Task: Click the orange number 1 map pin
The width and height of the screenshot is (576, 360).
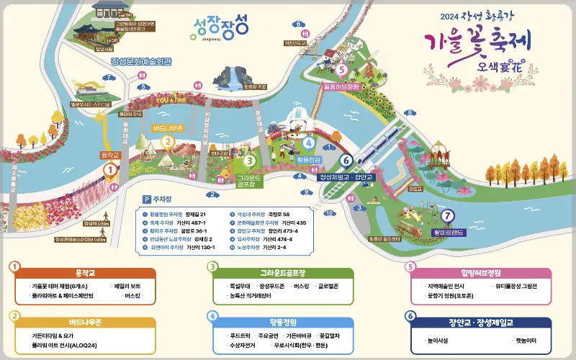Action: (x=109, y=170)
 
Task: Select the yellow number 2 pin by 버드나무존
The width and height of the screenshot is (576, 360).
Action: (x=167, y=141)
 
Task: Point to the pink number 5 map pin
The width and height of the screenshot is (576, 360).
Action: (x=341, y=70)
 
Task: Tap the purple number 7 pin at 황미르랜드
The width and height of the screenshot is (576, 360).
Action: (x=448, y=215)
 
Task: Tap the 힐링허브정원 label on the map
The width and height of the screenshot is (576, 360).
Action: (x=341, y=86)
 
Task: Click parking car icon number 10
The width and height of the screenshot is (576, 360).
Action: (x=329, y=213)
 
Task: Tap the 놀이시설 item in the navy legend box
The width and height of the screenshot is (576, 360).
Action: (x=439, y=339)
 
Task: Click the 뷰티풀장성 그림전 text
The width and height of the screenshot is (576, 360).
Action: (x=515, y=286)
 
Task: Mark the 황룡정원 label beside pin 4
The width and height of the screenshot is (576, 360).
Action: (x=307, y=159)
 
